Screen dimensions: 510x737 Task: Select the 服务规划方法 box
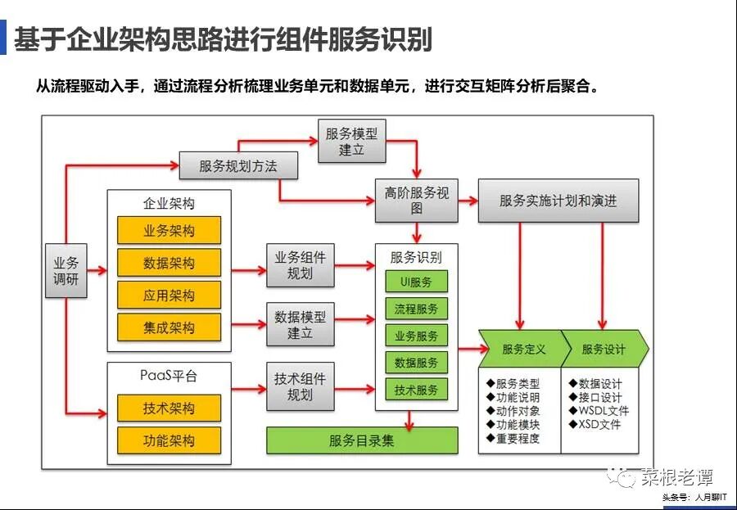pyautogui.click(x=238, y=166)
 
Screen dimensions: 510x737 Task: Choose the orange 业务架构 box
pyautogui.click(x=169, y=231)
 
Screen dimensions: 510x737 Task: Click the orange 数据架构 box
pyautogui.click(x=169, y=263)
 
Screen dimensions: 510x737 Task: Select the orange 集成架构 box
pyautogui.click(x=169, y=327)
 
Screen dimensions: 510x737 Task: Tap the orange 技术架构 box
pyautogui.click(x=169, y=408)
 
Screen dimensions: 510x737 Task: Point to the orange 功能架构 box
pyautogui.click(x=169, y=440)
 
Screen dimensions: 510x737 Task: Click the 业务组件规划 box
pyautogui.click(x=300, y=265)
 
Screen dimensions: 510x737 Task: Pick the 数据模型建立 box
pyautogui.click(x=300, y=324)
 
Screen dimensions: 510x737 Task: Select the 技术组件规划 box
pyautogui.click(x=300, y=386)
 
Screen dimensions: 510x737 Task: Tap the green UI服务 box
pyautogui.click(x=416, y=282)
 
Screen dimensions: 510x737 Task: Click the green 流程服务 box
pyautogui.click(x=416, y=309)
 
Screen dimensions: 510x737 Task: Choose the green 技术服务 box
pyautogui.click(x=416, y=390)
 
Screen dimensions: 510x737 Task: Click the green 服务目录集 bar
pyautogui.click(x=362, y=440)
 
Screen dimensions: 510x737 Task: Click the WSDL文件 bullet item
pyautogui.click(x=599, y=411)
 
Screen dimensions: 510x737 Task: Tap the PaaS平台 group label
pyautogui.click(x=169, y=377)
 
